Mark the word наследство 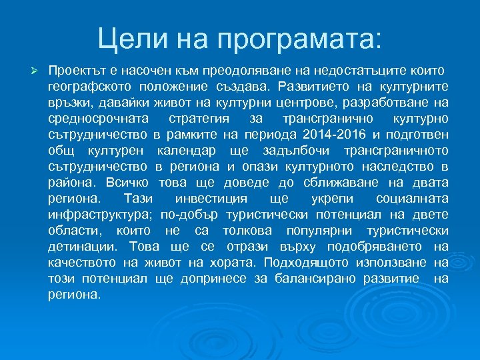tap(398, 167)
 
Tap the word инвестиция tap(211, 199)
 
